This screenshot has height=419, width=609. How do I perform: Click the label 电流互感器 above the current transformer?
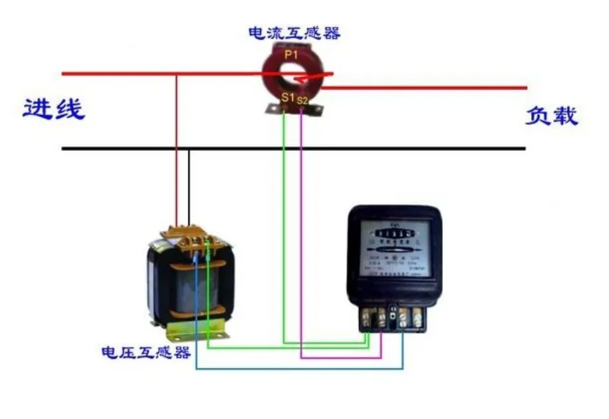point(294,33)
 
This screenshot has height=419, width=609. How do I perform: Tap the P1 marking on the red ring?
point(291,55)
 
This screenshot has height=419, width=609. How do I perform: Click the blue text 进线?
point(55,109)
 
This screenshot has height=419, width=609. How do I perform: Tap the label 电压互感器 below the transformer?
point(146,352)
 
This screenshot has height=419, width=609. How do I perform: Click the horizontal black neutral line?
point(399,148)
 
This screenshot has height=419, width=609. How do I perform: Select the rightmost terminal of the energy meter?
point(418,318)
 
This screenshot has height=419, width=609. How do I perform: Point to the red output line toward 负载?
point(432,87)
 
